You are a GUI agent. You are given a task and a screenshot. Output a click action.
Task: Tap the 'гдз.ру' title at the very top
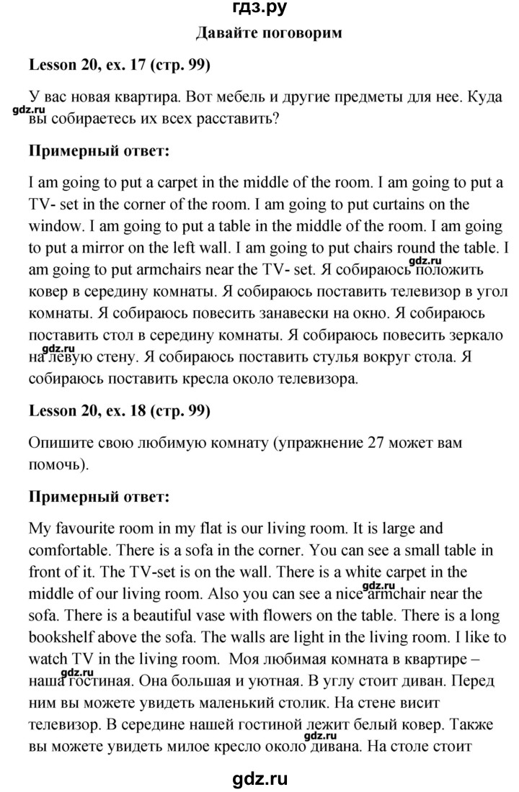[x=259, y=9]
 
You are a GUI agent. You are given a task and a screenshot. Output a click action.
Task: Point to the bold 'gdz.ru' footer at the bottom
[x=259, y=778]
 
